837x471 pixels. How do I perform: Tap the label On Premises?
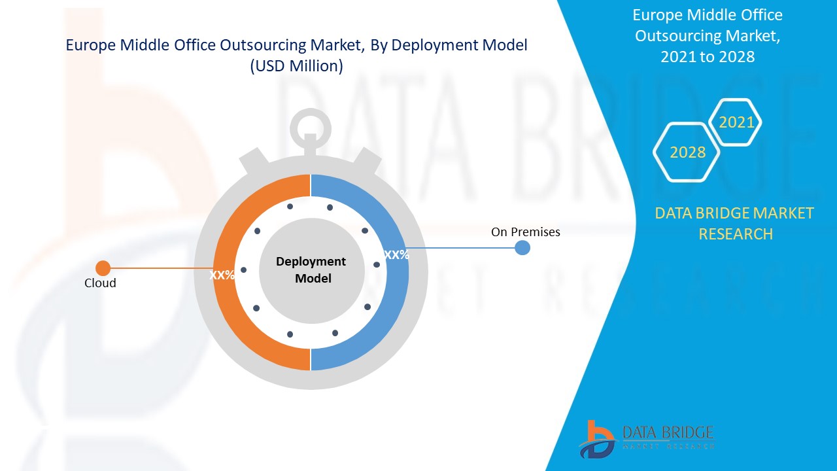pyautogui.click(x=525, y=232)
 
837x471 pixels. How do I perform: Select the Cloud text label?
pyautogui.click(x=100, y=283)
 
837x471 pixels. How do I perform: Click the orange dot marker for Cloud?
pyautogui.click(x=103, y=268)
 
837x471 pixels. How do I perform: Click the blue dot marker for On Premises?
pyautogui.click(x=522, y=248)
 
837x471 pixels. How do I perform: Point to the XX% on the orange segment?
pyautogui.click(x=222, y=275)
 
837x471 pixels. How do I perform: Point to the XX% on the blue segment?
pyautogui.click(x=396, y=255)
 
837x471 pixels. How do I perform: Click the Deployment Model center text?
pyautogui.click(x=311, y=270)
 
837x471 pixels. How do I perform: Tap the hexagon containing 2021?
pyautogui.click(x=736, y=122)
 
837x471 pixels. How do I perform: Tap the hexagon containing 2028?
pyautogui.click(x=687, y=152)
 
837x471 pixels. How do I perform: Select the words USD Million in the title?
pyautogui.click(x=296, y=67)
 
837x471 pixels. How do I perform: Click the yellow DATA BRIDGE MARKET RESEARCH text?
pyautogui.click(x=734, y=223)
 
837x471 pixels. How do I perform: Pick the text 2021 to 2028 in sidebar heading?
pyautogui.click(x=707, y=57)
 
